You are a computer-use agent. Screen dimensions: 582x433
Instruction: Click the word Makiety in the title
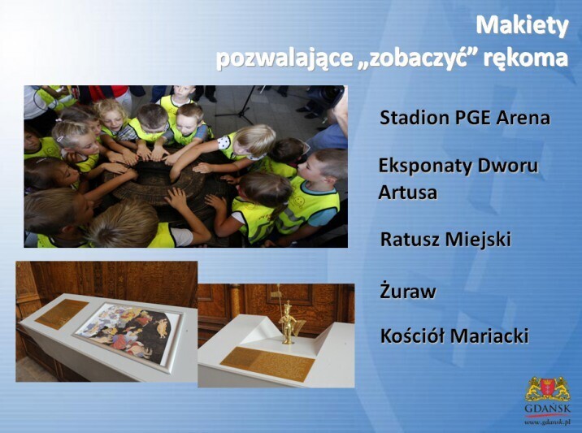click(x=522, y=26)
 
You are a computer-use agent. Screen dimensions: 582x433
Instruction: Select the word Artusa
click(x=407, y=193)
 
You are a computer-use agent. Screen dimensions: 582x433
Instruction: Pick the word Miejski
click(x=478, y=240)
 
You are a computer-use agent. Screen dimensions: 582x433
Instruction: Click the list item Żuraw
click(x=407, y=291)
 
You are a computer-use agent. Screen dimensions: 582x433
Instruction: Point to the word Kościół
click(x=412, y=336)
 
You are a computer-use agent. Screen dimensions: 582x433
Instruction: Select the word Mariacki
click(x=489, y=336)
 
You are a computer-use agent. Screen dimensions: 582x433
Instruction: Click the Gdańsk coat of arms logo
click(x=548, y=389)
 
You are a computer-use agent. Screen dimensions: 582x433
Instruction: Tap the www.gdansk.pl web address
click(x=547, y=422)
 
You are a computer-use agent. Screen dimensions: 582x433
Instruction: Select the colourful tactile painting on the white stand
click(x=128, y=333)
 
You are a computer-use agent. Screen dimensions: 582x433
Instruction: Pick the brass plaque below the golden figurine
click(x=267, y=364)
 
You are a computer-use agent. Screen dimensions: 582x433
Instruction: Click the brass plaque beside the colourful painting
click(x=62, y=314)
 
